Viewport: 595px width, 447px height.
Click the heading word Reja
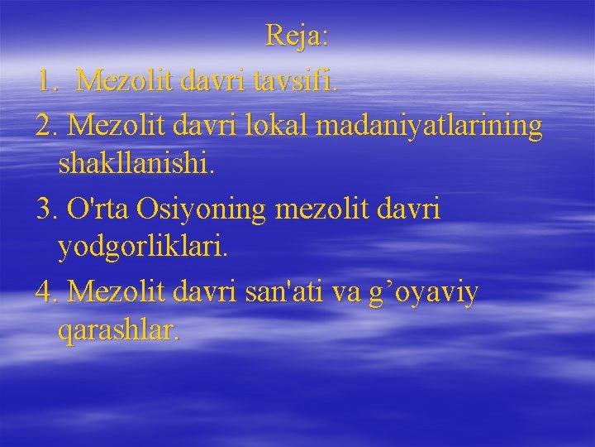pos(297,36)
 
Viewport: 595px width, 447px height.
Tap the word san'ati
pos(277,291)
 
